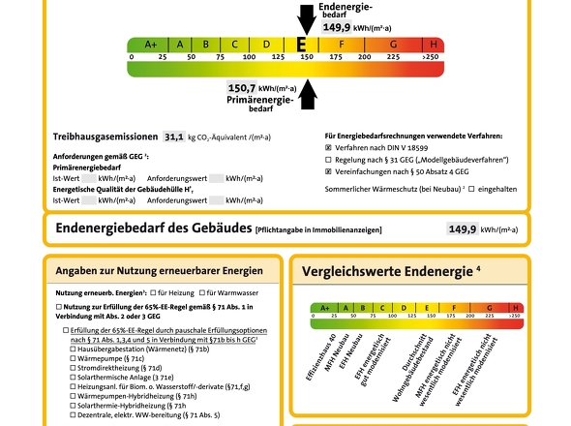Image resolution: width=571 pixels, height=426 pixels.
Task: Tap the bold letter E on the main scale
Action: pyautogui.click(x=302, y=45)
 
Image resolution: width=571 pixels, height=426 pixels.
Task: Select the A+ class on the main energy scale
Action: pyautogui.click(x=151, y=45)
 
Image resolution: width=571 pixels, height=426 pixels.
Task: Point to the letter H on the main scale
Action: pyautogui.click(x=432, y=45)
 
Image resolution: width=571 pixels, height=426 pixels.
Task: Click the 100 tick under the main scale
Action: pyautogui.click(x=250, y=57)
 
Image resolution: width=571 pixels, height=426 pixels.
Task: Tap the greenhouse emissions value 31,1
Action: pyautogui.click(x=174, y=137)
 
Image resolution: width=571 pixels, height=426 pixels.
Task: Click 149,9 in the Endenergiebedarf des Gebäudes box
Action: pyautogui.click(x=462, y=229)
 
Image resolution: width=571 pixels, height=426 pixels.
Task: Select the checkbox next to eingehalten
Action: pyautogui.click(x=471, y=188)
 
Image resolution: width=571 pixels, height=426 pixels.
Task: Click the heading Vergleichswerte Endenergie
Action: pyautogui.click(x=391, y=271)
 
